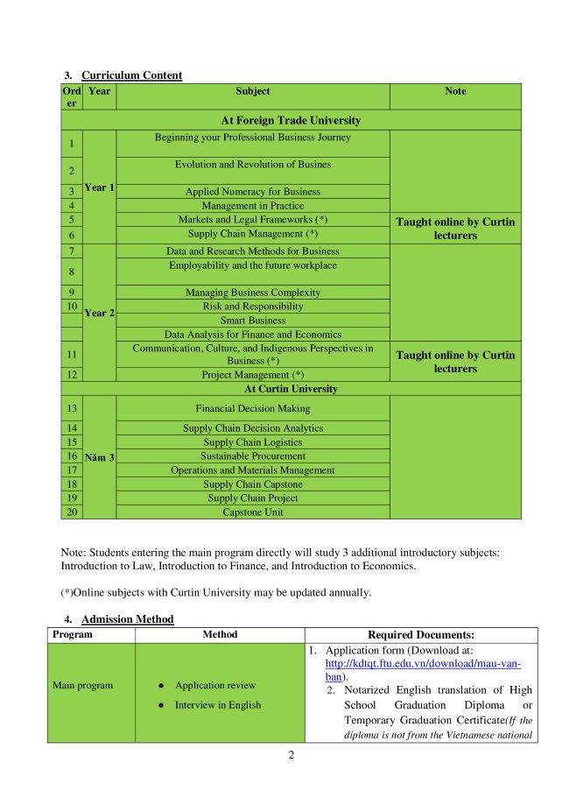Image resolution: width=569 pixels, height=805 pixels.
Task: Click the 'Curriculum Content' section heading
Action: [131, 75]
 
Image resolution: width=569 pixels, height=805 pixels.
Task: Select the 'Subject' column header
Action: [252, 91]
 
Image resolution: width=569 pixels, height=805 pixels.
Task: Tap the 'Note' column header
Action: [455, 91]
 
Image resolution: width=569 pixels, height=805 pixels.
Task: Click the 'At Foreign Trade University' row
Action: [291, 120]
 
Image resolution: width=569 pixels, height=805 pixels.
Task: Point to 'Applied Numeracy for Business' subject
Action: [252, 192]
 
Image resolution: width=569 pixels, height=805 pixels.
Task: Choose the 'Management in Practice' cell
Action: [252, 206]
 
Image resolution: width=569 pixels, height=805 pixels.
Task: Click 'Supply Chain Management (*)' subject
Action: [252, 234]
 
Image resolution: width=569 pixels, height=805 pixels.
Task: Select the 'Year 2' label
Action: [100, 313]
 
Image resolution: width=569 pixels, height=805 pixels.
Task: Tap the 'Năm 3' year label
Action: [100, 456]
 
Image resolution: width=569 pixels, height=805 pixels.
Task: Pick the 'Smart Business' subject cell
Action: [252, 321]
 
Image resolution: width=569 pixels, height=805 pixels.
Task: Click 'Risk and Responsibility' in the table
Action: [252, 307]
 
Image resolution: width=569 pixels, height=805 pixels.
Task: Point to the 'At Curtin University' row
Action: [291, 388]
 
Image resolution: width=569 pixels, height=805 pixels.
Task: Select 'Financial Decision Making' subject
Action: [252, 408]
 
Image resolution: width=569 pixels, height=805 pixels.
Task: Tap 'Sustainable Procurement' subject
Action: [252, 456]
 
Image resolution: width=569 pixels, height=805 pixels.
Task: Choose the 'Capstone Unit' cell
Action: [252, 512]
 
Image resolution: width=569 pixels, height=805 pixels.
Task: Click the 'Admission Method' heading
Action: [127, 619]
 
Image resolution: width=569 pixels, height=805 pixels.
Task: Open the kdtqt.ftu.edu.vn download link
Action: [422, 664]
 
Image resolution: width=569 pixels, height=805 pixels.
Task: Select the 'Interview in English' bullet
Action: [219, 704]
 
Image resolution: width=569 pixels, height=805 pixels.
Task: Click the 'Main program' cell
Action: [83, 685]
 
